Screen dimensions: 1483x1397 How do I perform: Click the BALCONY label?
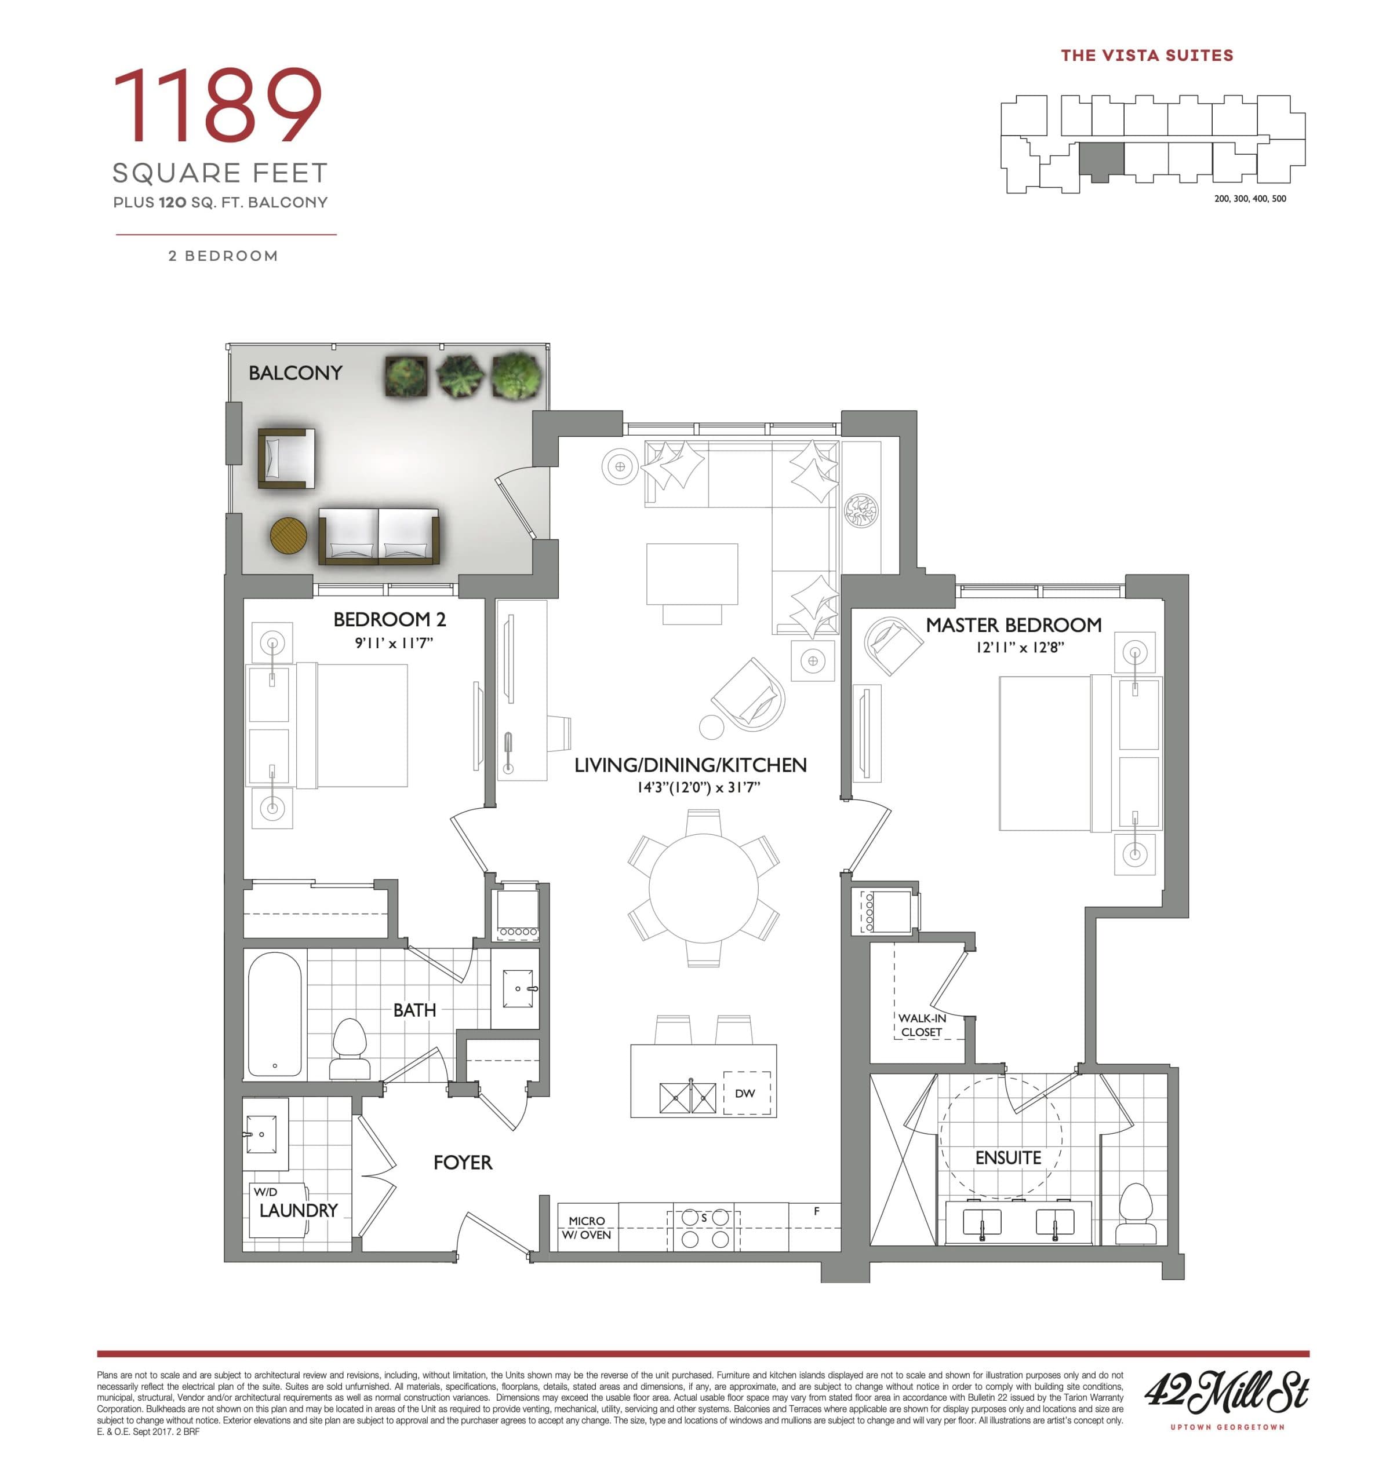[x=295, y=372]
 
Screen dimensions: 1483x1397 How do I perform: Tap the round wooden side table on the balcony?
[x=288, y=536]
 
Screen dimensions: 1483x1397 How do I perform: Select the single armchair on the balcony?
[x=286, y=458]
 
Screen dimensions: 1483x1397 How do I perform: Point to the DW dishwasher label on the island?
[x=745, y=1093]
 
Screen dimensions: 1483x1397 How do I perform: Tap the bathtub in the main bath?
[x=275, y=1014]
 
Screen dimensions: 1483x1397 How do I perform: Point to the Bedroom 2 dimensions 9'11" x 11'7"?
[x=394, y=642]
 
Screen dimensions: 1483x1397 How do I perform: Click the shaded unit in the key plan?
[x=1101, y=160]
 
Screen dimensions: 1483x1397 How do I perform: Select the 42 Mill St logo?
[x=1226, y=1392]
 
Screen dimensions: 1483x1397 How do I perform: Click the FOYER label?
[x=463, y=1162]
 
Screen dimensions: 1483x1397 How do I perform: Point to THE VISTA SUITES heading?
[x=1147, y=55]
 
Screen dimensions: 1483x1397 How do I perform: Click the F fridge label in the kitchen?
[x=816, y=1211]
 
